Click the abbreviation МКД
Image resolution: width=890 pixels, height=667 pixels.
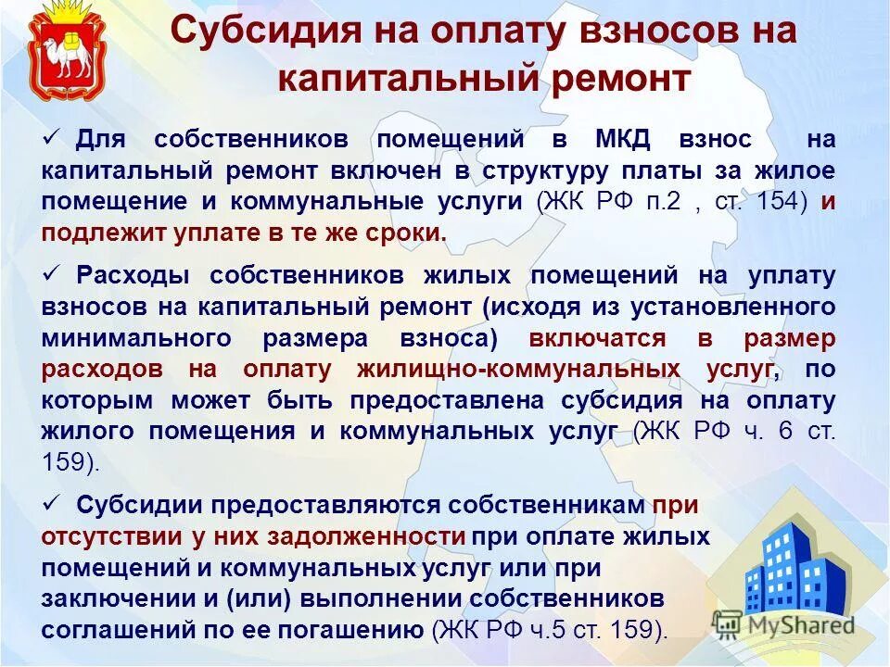(x=625, y=139)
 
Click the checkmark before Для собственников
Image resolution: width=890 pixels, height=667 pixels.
(x=52, y=137)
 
